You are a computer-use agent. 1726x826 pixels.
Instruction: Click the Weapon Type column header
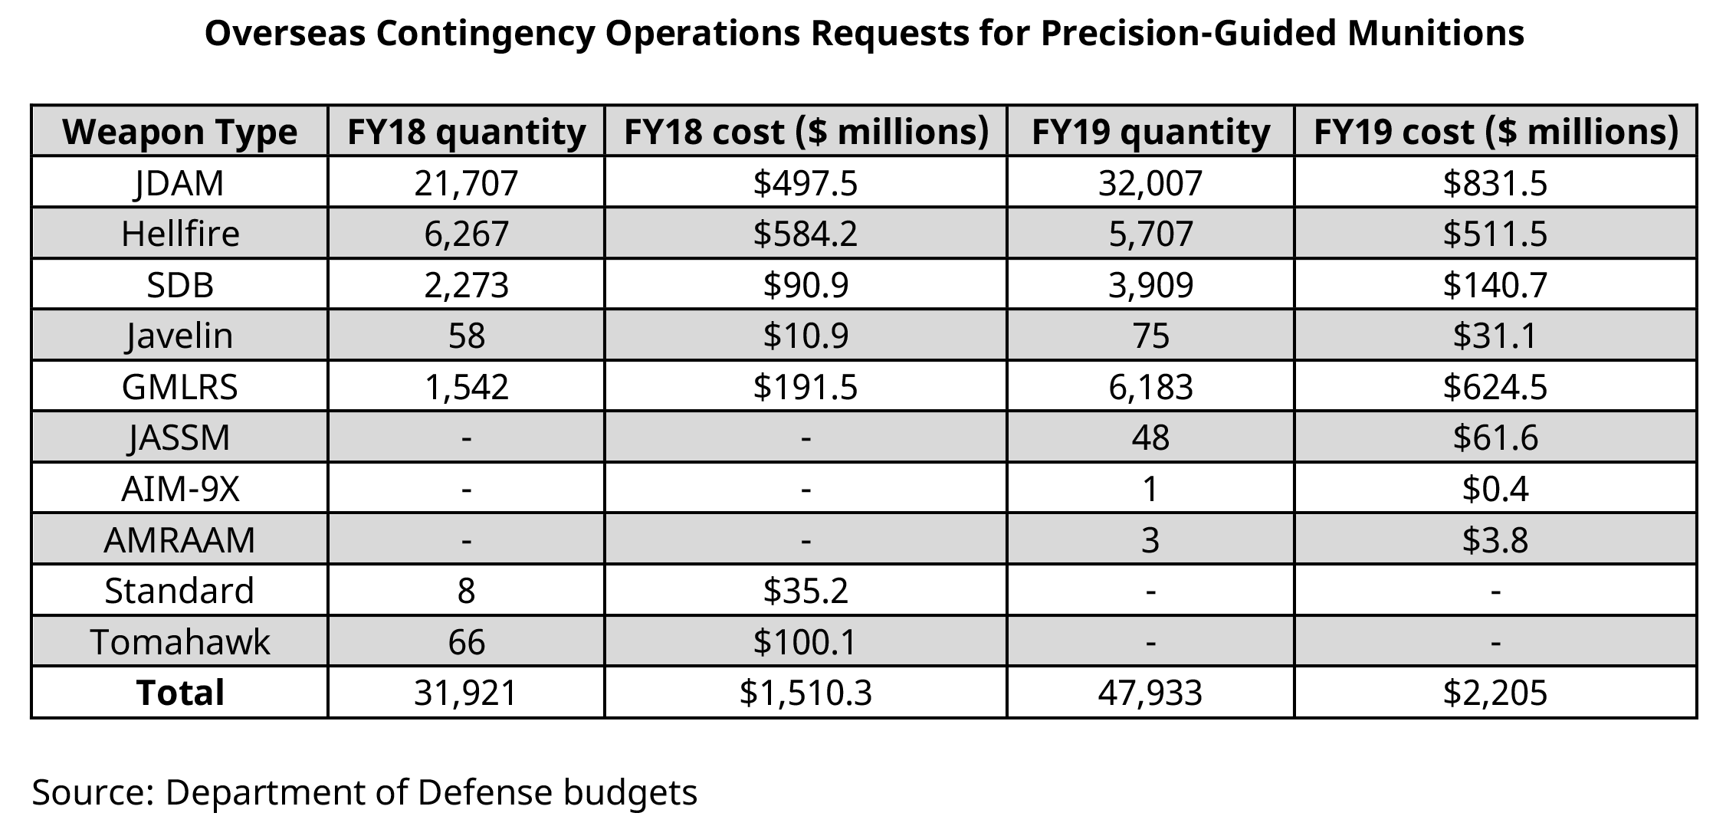[179, 132]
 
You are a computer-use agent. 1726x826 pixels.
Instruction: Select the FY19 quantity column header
[1150, 132]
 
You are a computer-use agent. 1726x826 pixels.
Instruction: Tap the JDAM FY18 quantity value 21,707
[466, 183]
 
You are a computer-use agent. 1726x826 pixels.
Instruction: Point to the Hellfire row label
[180, 234]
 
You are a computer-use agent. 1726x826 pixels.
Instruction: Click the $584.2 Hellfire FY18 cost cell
[805, 234]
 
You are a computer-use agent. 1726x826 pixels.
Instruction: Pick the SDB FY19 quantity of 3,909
[1150, 285]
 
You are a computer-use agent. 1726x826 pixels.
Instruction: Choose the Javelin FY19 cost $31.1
[1495, 336]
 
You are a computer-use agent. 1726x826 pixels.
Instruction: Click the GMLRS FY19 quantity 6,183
[1150, 387]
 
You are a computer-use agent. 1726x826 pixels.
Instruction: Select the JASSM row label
[180, 438]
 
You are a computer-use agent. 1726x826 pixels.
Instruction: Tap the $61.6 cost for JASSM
[1495, 438]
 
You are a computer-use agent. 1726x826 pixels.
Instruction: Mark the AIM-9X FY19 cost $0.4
[1495, 489]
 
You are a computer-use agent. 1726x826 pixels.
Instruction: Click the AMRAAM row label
[179, 539]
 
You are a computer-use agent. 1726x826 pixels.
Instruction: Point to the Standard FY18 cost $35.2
[805, 591]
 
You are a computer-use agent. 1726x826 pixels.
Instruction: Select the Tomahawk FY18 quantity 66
[466, 641]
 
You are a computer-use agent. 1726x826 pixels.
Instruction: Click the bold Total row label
[180, 693]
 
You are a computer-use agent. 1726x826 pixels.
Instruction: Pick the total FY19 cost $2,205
[1495, 693]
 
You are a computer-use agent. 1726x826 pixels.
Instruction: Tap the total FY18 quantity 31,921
[466, 693]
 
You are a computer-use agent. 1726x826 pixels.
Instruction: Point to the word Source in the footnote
[92, 792]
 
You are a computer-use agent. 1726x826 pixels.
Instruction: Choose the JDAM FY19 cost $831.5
[1495, 183]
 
